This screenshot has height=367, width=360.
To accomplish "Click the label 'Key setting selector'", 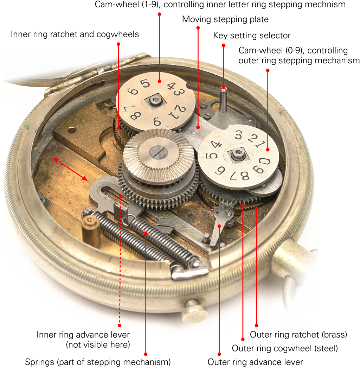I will coord(252,36).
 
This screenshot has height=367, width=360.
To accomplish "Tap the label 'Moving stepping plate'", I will coord(225,19).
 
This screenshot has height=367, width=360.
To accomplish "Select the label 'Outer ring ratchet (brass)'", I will coord(298,335).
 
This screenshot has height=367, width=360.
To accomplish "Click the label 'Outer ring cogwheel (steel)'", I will coord(284,348).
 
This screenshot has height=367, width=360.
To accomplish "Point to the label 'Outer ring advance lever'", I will coord(255,362).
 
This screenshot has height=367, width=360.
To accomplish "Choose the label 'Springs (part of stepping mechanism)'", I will coord(98,362).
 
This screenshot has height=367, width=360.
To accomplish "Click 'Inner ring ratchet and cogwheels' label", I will coord(75,34).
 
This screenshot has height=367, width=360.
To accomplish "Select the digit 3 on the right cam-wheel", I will coord(238,135).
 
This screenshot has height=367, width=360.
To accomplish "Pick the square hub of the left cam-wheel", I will coord(154,101).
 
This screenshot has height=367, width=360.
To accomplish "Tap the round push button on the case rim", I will coord(194,310).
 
